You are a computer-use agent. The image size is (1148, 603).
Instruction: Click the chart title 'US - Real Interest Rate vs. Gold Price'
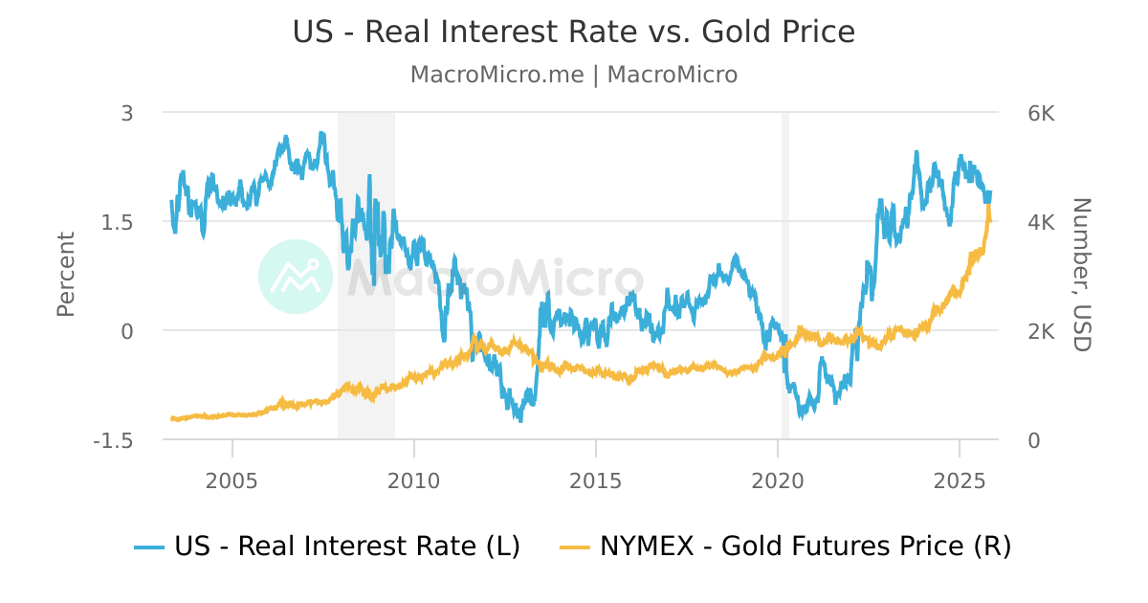tap(574, 32)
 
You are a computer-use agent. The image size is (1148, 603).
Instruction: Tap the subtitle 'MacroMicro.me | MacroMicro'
tap(574, 75)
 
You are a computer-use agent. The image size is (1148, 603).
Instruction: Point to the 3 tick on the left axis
tap(127, 113)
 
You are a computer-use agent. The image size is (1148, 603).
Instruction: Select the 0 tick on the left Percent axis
tap(127, 331)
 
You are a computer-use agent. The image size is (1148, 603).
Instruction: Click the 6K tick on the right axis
tap(1041, 113)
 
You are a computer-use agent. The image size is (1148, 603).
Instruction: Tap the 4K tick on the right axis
tap(1041, 222)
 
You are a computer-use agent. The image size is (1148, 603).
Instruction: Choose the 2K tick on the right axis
tap(1041, 331)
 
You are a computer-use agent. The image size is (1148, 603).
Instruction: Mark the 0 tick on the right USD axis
tap(1034, 440)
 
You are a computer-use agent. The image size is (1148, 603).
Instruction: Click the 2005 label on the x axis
tap(232, 479)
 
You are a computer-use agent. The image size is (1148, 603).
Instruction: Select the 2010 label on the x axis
tap(413, 479)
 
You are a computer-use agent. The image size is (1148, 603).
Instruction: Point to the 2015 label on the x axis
tap(595, 479)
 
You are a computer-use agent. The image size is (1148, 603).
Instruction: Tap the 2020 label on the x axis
tap(777, 479)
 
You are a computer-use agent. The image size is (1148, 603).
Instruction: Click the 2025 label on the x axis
tap(959, 479)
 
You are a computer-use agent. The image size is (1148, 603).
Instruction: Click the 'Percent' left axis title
tap(65, 275)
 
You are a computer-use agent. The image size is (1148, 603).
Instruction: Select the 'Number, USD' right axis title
tap(1081, 275)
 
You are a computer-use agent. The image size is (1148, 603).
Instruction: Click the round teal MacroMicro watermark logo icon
tap(296, 277)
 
